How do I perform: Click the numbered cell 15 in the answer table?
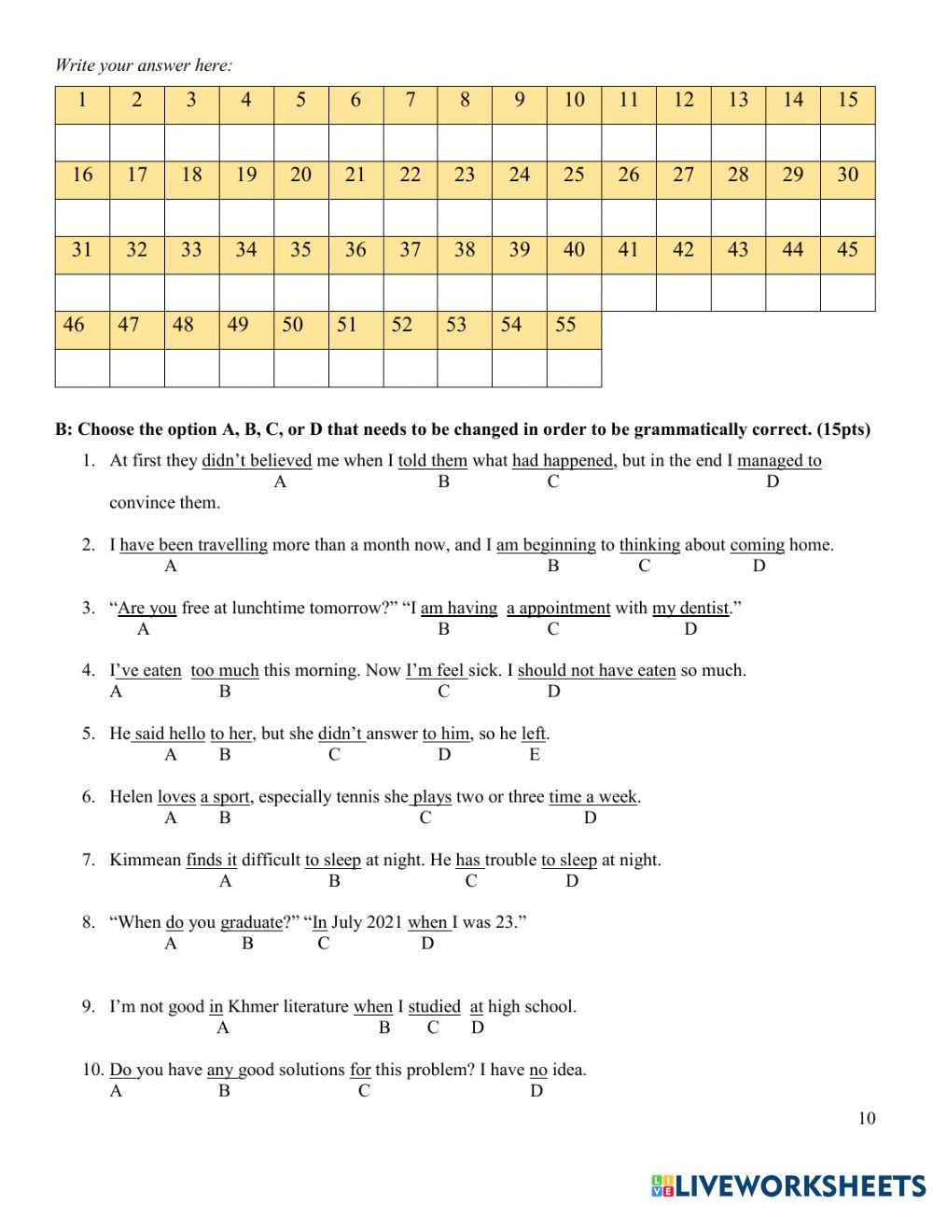coord(847,101)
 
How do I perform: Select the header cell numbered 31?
coord(82,250)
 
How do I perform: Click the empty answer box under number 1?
coord(82,142)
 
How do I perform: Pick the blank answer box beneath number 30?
coord(847,217)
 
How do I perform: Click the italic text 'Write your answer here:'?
coord(144,65)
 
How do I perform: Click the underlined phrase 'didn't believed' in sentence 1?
coord(257,460)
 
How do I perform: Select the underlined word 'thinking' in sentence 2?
coord(649,545)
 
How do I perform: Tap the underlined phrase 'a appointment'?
coord(558,608)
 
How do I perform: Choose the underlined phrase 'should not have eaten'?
coord(596,670)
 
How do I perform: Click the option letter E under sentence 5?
coord(535,755)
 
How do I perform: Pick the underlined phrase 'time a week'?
coord(592,797)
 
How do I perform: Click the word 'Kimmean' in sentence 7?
coord(145,860)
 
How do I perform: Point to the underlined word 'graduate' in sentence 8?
coord(251,922)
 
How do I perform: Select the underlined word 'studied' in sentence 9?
coord(434,1006)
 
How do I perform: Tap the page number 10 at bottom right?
coord(867,1118)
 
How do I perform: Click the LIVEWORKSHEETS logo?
coord(788,1185)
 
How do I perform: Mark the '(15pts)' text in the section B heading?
coord(842,430)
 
